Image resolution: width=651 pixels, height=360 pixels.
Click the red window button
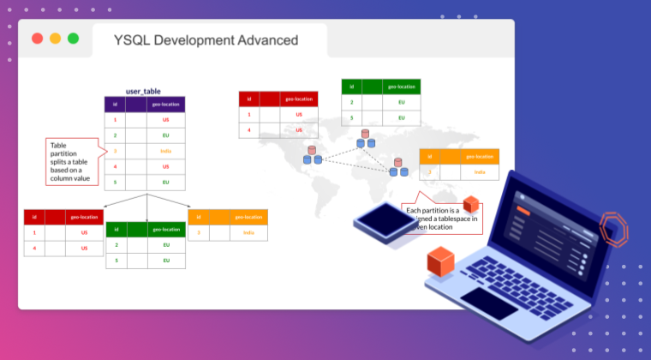pos(37,39)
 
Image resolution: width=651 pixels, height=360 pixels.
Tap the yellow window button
pos(55,39)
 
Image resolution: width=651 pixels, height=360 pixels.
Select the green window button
pos(73,39)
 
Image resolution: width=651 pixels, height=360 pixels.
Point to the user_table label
pos(144,91)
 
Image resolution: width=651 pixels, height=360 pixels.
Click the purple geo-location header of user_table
pos(165,105)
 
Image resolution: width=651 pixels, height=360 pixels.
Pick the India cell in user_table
pos(165,151)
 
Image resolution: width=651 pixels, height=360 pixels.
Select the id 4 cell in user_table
pos(115,166)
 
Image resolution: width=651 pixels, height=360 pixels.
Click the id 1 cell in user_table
pos(115,120)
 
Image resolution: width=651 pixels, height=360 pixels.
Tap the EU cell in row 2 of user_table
pos(165,135)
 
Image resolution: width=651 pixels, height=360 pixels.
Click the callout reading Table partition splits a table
pos(73,161)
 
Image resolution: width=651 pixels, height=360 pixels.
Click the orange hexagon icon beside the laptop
pos(612,230)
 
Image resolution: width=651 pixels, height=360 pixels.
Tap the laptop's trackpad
pos(488,302)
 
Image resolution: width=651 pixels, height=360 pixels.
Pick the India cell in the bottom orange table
pos(248,232)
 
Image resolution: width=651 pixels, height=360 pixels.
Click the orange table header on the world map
pos(458,156)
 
